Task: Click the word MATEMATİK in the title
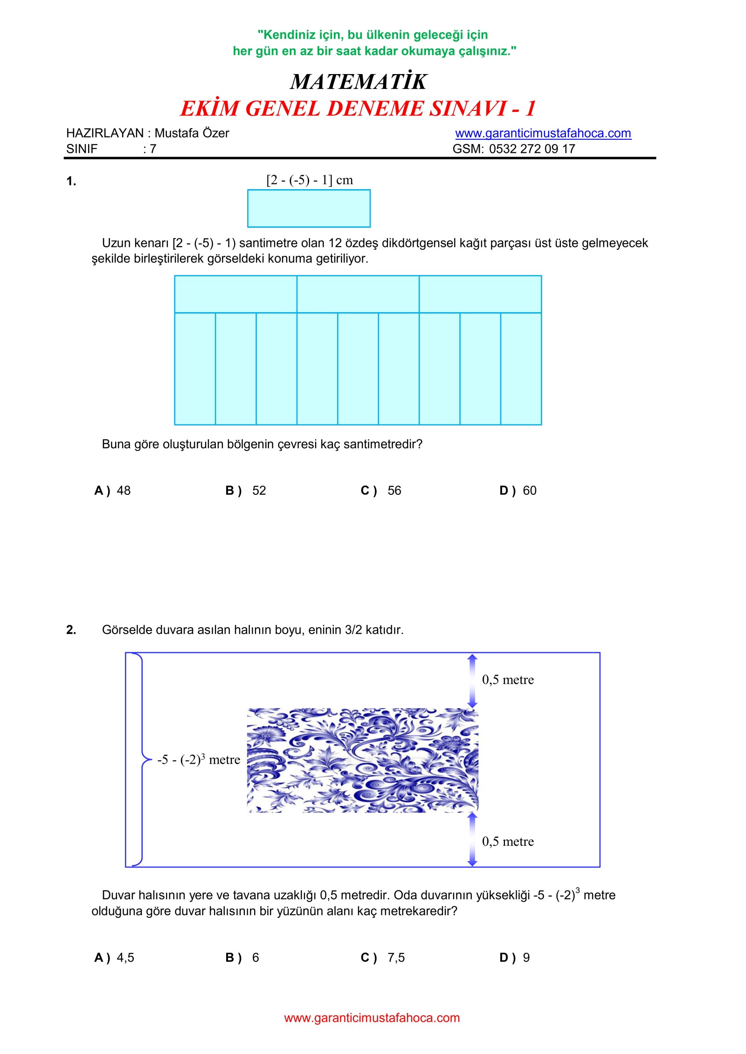coord(358,82)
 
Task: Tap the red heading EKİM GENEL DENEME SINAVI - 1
coord(358,109)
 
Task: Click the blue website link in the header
coord(543,133)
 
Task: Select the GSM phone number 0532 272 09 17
coord(532,149)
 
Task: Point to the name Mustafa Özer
coord(192,133)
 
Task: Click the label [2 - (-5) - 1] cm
coord(310,180)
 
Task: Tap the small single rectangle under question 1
coord(309,208)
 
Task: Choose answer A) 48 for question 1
coord(112,491)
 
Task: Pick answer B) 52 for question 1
coord(246,491)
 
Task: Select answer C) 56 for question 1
coord(381,491)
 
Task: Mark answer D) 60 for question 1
coord(518,491)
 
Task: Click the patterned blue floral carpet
coord(362,760)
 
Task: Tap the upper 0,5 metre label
coord(508,680)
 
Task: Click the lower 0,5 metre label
coord(508,842)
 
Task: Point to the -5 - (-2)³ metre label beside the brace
coord(199,760)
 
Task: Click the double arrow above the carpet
coord(472,681)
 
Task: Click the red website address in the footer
coord(372,1018)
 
